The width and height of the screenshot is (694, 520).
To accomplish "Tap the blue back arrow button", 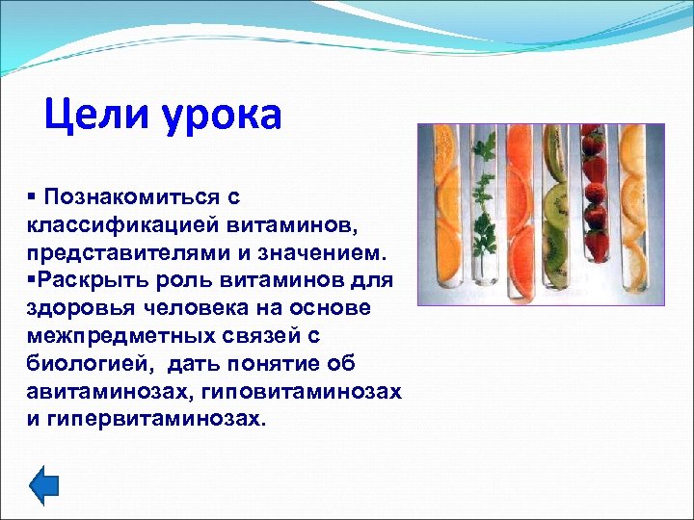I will pos(43,484).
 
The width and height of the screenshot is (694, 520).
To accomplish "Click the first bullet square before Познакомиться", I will pos(32,196).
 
